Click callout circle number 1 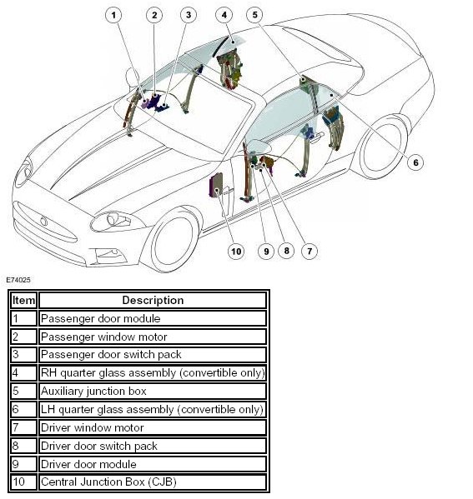tap(113, 15)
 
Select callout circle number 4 tap(224, 15)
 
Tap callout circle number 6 tap(415, 162)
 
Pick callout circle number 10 tap(236, 252)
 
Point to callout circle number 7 tap(309, 251)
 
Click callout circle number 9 tap(266, 252)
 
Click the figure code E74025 tap(18, 280)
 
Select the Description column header tap(153, 300)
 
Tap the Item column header tap(23, 300)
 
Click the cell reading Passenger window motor tap(153, 337)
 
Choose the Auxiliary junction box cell tap(153, 391)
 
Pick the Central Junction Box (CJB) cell tap(153, 482)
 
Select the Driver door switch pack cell tap(153, 446)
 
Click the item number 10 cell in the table tap(23, 482)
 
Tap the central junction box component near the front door tap(216, 185)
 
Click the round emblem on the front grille tap(43, 222)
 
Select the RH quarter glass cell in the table tap(153, 373)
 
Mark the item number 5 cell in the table tap(23, 391)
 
